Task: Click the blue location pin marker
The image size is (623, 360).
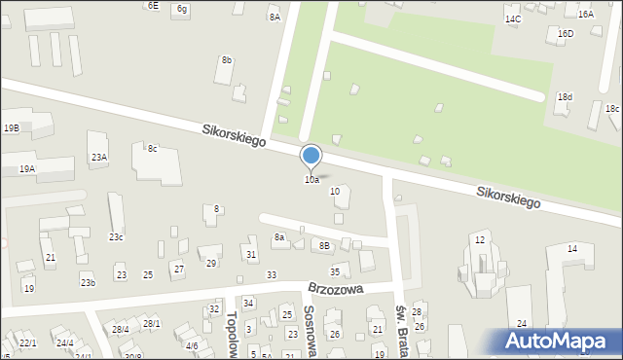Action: tap(311, 157)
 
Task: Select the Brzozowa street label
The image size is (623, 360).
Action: tap(335, 289)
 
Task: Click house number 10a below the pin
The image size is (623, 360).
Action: tap(311, 180)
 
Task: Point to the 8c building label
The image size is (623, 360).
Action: tap(152, 149)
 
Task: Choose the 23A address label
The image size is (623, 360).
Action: tap(99, 157)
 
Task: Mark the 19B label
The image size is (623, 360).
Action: tap(11, 127)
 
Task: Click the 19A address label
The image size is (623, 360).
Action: tap(26, 168)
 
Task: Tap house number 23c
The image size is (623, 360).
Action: tap(116, 237)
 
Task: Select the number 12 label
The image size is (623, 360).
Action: tap(479, 239)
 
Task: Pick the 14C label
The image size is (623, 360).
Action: tap(512, 19)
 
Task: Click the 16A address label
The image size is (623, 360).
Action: tap(585, 15)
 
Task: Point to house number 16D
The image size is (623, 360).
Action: tap(566, 34)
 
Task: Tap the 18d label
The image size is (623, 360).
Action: tap(565, 97)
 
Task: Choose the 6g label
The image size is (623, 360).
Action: tap(182, 9)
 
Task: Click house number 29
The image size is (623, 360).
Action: tap(211, 263)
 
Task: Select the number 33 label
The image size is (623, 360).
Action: tap(272, 275)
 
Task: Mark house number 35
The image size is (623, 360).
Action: tap(335, 271)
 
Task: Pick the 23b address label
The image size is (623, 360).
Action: tap(88, 283)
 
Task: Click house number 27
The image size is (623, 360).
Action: tap(178, 269)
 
